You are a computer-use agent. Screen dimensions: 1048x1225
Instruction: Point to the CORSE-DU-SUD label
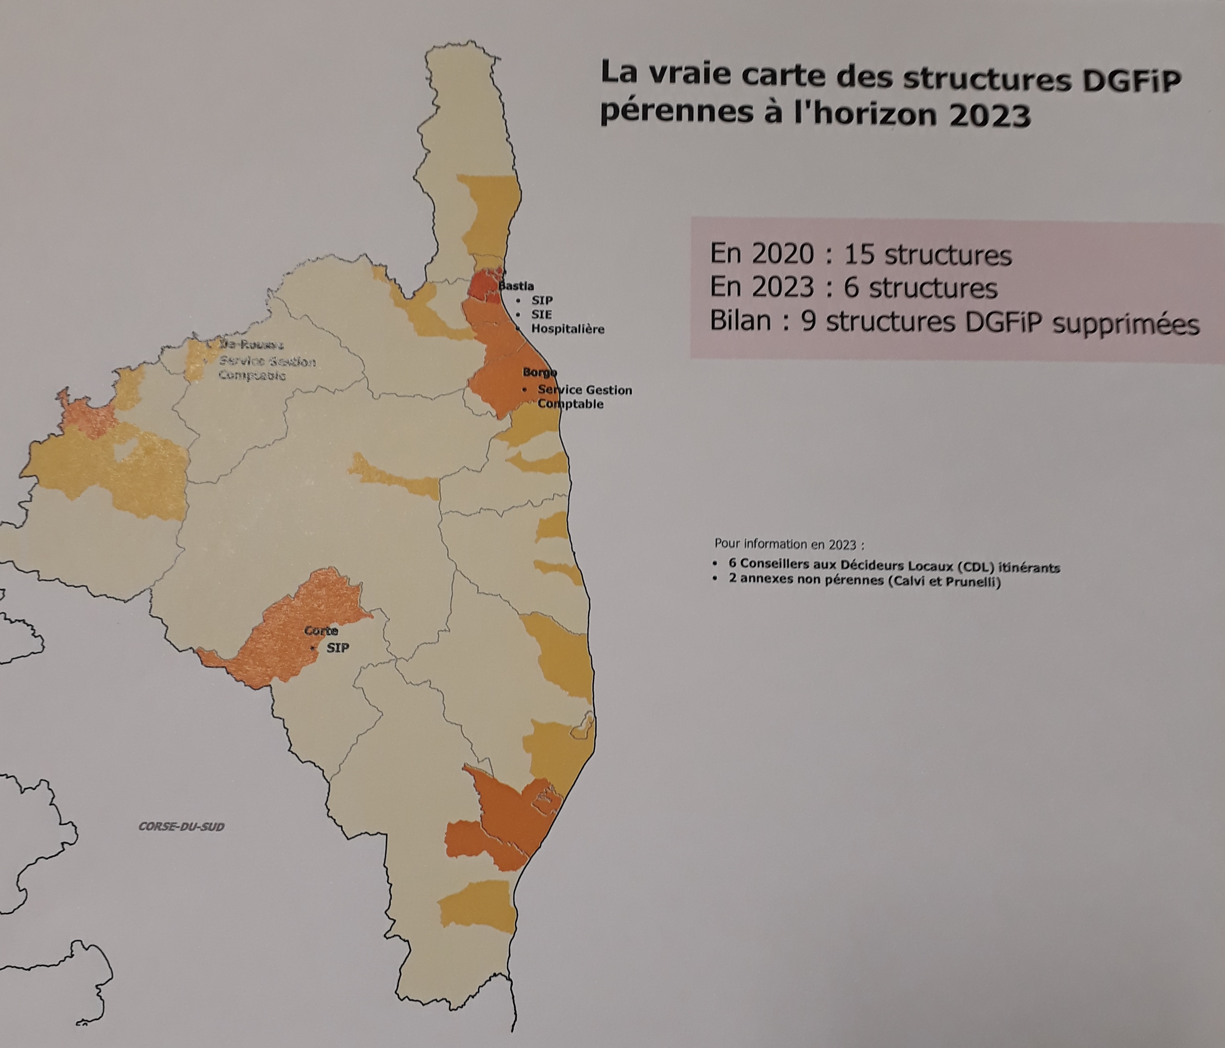(x=182, y=826)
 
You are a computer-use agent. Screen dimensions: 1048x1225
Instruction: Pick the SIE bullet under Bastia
(x=541, y=315)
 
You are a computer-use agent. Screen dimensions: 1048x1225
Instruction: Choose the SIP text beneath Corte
(x=337, y=648)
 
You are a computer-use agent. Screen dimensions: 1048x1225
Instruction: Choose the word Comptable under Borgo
(x=570, y=404)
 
